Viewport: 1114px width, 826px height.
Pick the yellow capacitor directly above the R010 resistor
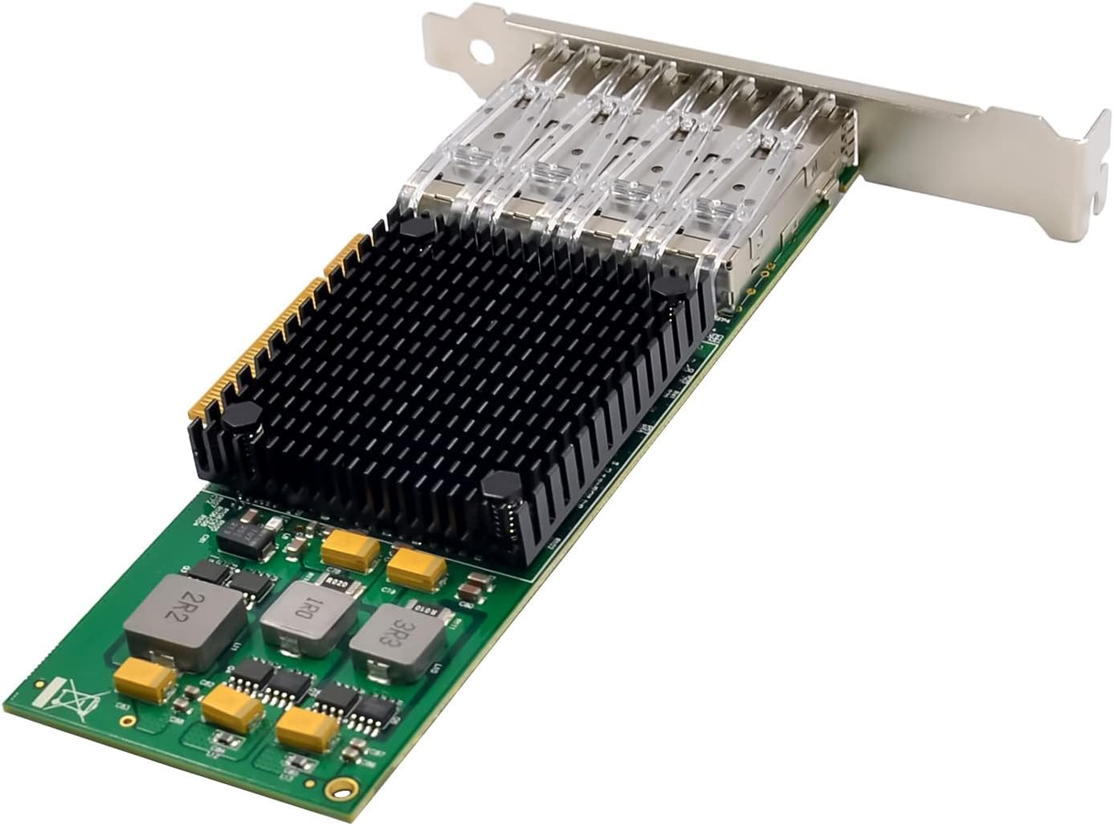(x=416, y=566)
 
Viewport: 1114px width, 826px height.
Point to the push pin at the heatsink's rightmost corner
(x=668, y=284)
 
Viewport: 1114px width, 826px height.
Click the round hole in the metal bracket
(x=480, y=49)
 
